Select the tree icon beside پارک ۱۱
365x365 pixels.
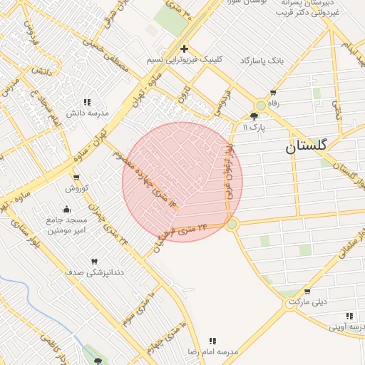255,115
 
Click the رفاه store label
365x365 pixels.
272,103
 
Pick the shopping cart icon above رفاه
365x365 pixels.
273,93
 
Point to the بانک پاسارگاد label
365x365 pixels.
262,61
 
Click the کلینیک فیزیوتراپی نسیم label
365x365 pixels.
184,60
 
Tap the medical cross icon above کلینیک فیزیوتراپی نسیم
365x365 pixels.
184,48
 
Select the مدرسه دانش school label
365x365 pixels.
87,113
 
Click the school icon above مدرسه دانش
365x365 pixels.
87,102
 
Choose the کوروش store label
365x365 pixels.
76,189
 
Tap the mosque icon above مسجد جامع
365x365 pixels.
66,209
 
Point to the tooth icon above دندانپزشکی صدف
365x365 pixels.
94,262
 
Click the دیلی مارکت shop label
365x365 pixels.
308,302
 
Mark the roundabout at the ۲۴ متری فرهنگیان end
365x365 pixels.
232,224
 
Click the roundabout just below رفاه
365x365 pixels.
262,106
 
